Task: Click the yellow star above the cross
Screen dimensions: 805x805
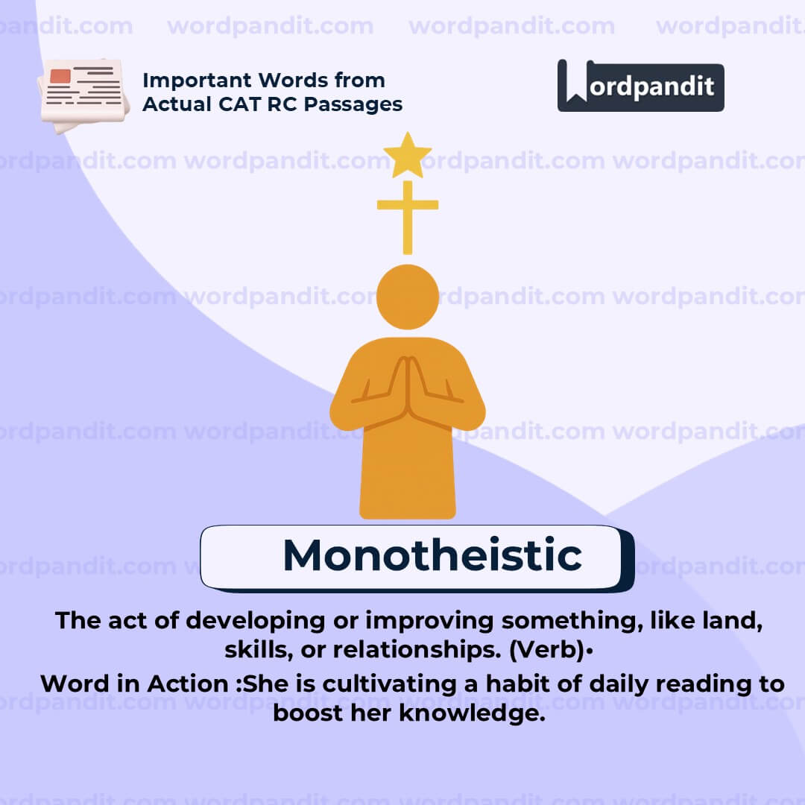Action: [x=407, y=155]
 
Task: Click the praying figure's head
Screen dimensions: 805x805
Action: [x=407, y=297]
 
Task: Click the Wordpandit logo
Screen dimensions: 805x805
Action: [x=640, y=86]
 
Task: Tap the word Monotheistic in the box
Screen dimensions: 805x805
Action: [x=432, y=555]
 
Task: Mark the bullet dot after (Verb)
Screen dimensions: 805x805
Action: [x=590, y=651]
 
